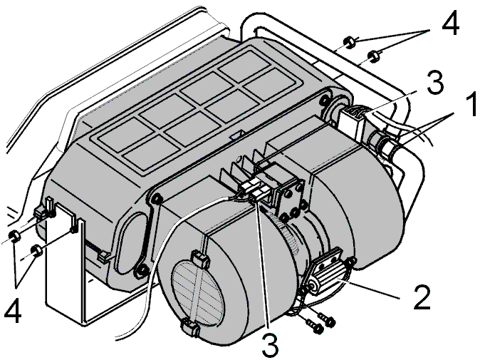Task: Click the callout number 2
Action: (422, 297)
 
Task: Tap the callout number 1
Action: (471, 105)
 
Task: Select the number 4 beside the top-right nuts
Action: (450, 22)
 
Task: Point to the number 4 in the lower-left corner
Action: (13, 311)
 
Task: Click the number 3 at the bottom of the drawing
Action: (271, 344)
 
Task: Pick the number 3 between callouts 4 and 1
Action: (435, 82)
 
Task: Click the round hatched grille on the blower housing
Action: (197, 292)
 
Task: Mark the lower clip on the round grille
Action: (190, 327)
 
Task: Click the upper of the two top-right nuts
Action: (349, 42)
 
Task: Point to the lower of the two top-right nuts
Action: (372, 56)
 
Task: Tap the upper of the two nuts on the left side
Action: (15, 236)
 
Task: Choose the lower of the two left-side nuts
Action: (37, 250)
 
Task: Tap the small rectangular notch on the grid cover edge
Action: (237, 134)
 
